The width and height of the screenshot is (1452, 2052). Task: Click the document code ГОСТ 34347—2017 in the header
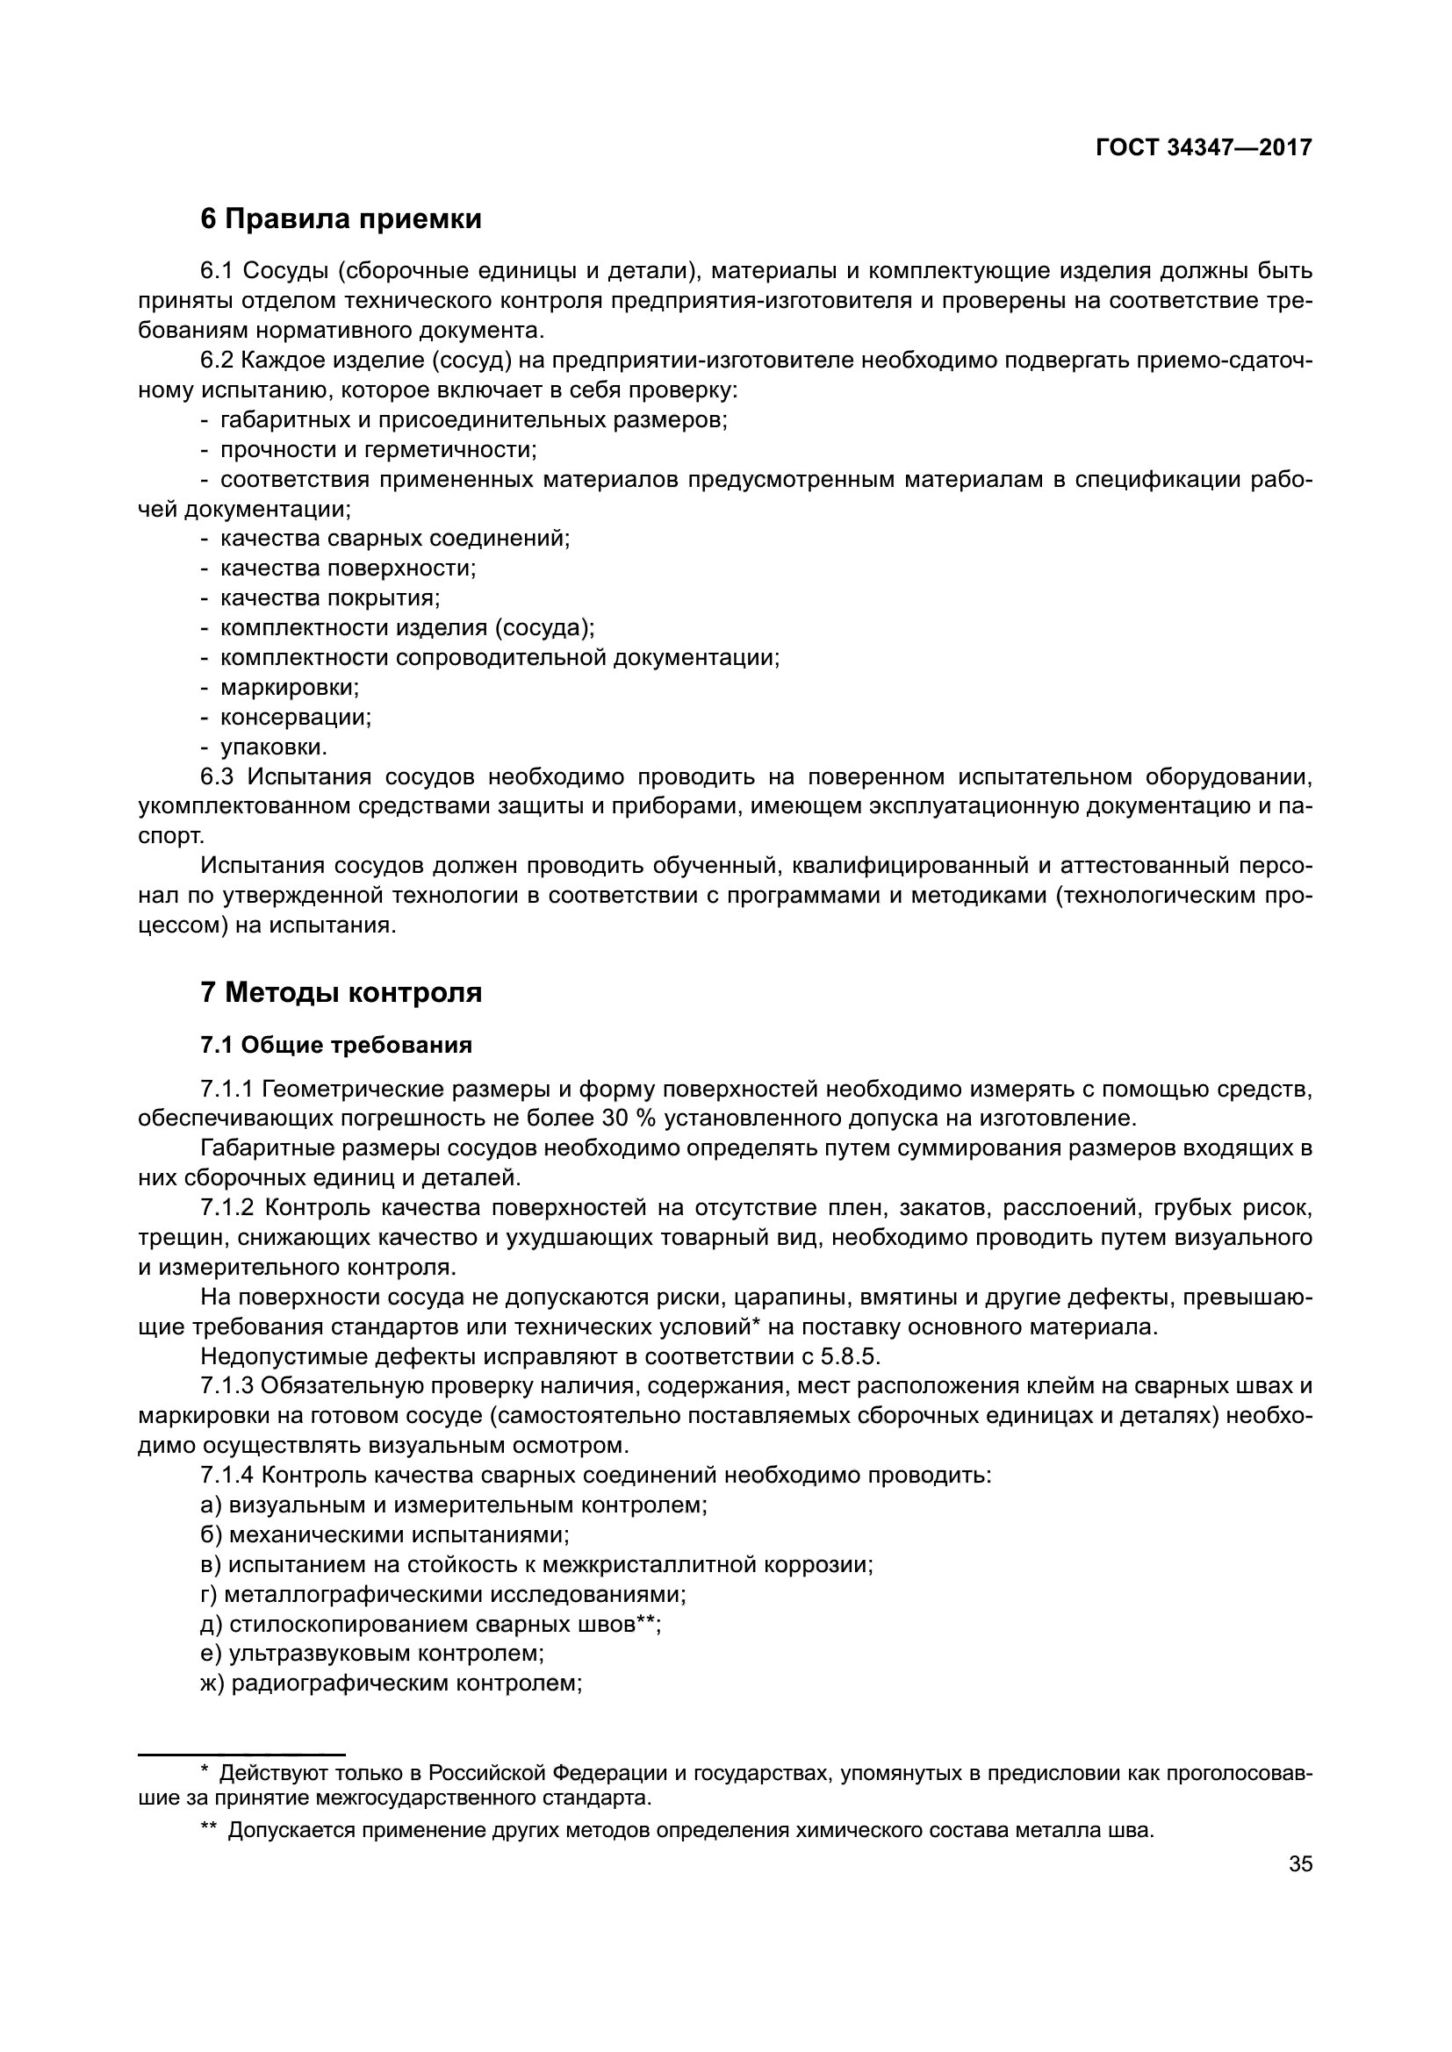(1204, 147)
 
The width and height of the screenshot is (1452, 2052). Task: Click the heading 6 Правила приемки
(341, 219)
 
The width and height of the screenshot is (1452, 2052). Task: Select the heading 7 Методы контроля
(341, 992)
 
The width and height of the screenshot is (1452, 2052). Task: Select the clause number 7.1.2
(228, 1208)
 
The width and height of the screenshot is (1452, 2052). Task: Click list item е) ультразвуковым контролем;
(373, 1654)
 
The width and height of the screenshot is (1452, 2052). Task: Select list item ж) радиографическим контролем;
(392, 1684)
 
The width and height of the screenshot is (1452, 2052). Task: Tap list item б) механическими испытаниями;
(385, 1534)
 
